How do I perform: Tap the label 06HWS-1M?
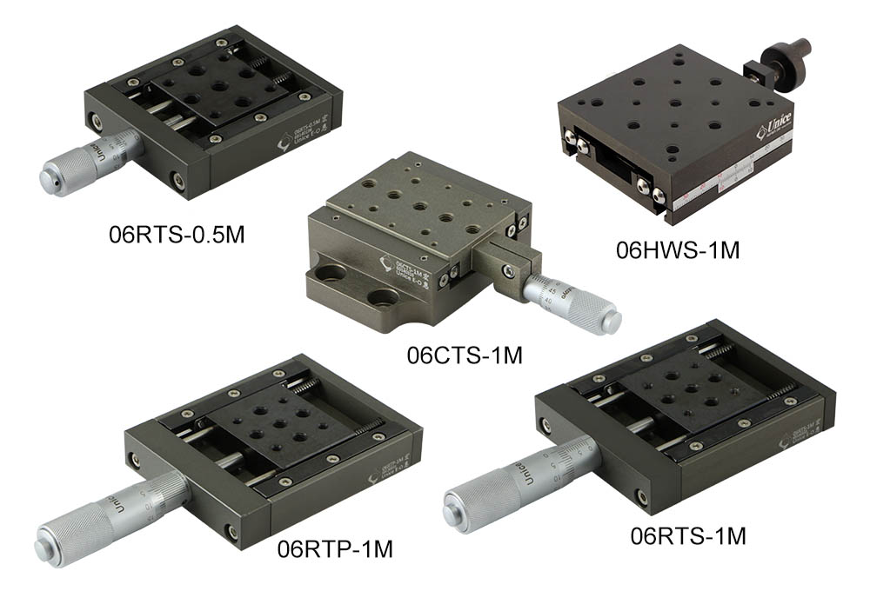click(677, 251)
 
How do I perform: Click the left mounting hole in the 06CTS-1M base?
click(328, 280)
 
